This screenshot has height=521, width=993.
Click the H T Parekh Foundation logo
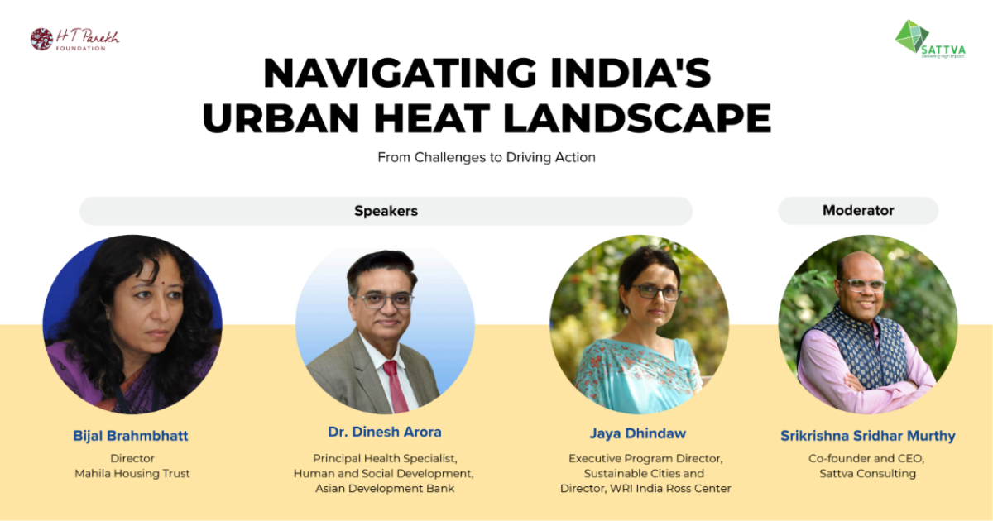[75, 40]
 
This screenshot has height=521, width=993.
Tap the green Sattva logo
[930, 40]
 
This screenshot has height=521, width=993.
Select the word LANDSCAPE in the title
[637, 118]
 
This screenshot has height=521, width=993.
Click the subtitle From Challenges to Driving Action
[487, 157]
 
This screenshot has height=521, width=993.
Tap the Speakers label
[386, 211]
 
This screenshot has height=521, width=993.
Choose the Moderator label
[858, 210]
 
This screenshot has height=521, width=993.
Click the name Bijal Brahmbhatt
[131, 436]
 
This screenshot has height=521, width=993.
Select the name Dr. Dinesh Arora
[384, 432]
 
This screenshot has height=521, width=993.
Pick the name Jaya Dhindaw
[637, 433]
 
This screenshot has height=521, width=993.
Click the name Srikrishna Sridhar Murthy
[867, 436]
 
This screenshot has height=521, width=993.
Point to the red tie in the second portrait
[396, 385]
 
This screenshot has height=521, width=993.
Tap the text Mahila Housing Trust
[132, 474]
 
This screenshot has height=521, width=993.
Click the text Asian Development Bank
[385, 489]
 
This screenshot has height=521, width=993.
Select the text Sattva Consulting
[867, 474]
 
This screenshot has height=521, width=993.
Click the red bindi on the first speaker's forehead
[164, 283]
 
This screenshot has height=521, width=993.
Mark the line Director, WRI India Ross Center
[645, 489]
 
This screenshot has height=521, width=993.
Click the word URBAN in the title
[281, 118]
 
